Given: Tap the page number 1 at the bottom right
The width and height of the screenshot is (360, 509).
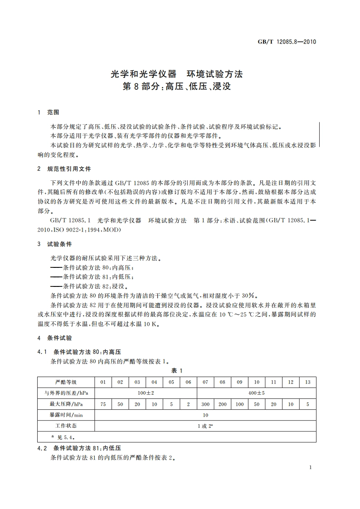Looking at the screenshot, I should point(310,467).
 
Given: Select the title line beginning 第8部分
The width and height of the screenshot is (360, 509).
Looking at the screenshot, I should point(177,87).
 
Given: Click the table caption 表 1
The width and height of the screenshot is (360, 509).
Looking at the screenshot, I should point(176,370).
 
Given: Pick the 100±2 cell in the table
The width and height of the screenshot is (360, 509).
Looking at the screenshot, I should point(146,393).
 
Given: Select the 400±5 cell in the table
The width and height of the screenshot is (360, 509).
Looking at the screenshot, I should point(256,393).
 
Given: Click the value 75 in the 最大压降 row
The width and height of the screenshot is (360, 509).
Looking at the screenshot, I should point(103,404).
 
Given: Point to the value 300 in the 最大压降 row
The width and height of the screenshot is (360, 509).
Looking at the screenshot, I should point(205,404).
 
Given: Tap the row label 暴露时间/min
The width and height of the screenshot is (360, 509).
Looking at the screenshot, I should point(66,415).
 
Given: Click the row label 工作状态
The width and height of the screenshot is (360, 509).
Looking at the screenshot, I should point(66,426).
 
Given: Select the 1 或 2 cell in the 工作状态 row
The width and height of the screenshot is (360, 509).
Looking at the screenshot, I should point(205,426).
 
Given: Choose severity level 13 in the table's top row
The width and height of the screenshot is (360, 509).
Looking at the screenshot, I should point(307,382).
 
